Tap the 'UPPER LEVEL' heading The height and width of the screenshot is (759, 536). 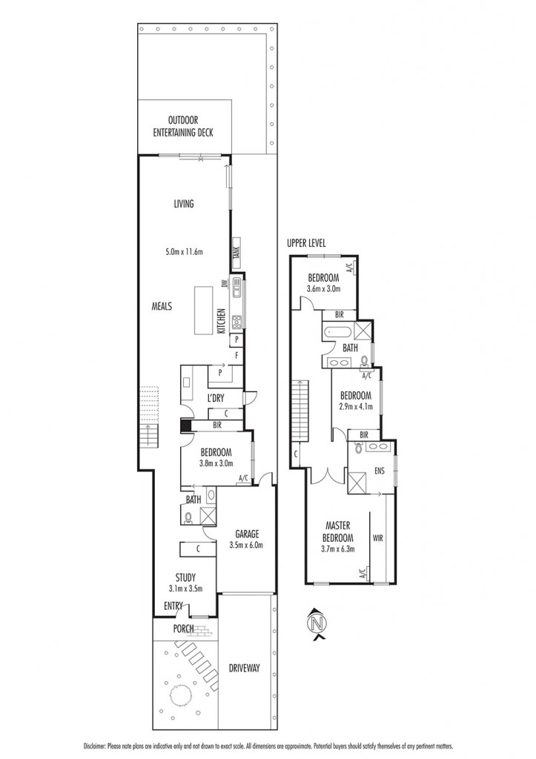click(306, 243)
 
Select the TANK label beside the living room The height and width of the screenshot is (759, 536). click(236, 253)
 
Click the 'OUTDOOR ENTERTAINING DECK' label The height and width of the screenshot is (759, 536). click(183, 126)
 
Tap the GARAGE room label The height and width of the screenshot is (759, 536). click(247, 534)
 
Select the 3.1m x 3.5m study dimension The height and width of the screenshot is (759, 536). click(185, 589)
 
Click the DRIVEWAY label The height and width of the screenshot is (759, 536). click(245, 668)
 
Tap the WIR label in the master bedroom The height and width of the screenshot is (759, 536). click(377, 537)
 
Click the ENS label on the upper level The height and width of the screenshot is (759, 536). click(379, 470)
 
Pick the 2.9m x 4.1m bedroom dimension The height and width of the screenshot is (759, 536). click(356, 406)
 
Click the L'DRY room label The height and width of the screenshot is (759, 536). click(216, 398)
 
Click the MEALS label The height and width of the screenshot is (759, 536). click(162, 306)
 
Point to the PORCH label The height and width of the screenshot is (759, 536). click(184, 629)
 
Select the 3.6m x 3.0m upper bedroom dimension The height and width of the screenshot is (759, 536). click(324, 288)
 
